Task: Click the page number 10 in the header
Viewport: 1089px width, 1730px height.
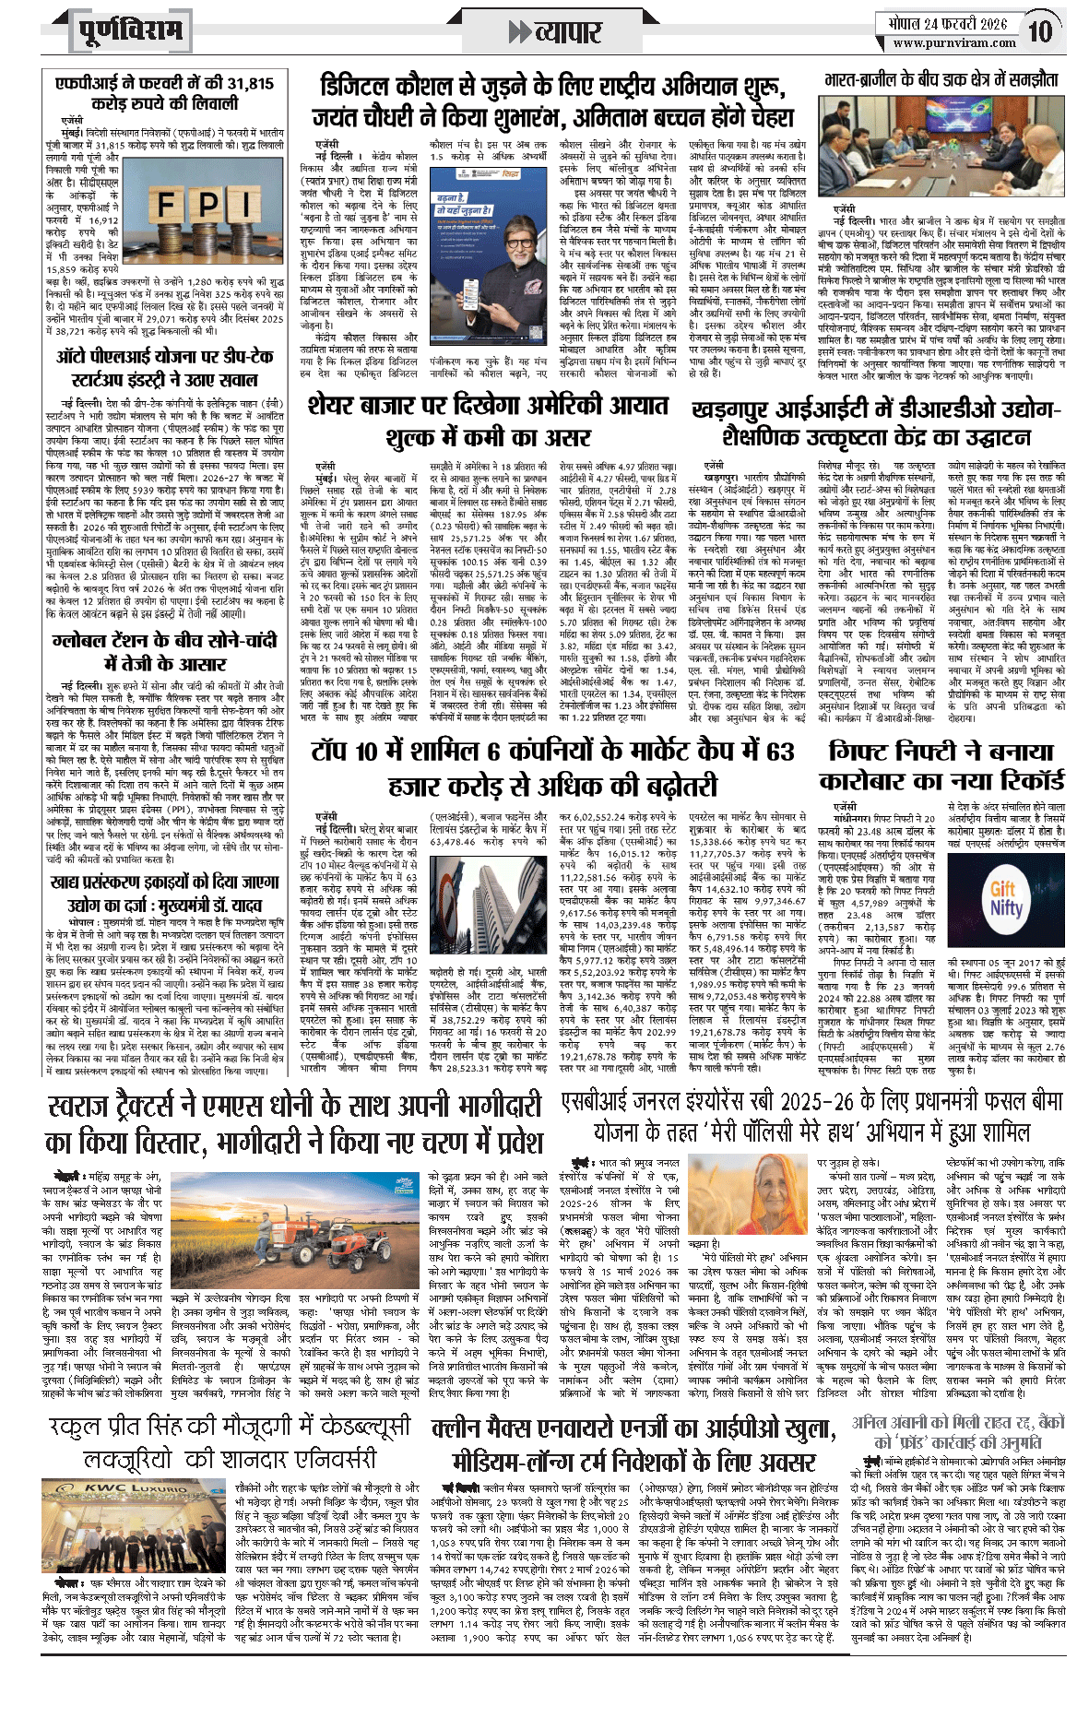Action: pyautogui.click(x=1040, y=31)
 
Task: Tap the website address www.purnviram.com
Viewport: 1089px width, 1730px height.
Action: pyautogui.click(x=954, y=42)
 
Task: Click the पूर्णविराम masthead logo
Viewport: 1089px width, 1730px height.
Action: pyautogui.click(x=130, y=32)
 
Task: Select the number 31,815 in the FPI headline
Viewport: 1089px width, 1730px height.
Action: pyautogui.click(x=243, y=83)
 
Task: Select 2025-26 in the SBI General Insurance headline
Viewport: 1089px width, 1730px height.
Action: pyautogui.click(x=820, y=1101)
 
